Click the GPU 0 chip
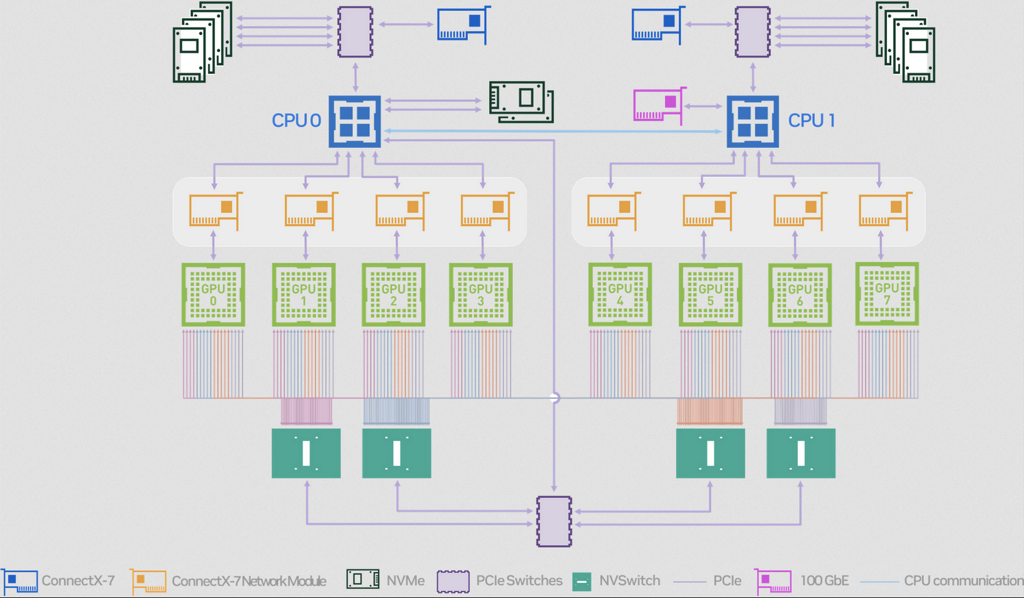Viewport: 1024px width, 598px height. tap(213, 295)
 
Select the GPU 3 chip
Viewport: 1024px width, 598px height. tap(481, 295)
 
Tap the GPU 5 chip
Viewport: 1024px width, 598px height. tap(710, 295)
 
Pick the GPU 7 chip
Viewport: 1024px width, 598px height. tap(887, 294)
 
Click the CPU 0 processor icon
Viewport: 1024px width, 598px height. tap(355, 121)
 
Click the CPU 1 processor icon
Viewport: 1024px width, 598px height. tap(753, 121)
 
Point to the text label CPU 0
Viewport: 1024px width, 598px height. tap(296, 121)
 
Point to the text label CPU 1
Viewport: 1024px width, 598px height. tap(812, 121)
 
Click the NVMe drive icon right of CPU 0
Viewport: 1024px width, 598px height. tap(521, 102)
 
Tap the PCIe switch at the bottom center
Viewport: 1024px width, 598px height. tap(554, 521)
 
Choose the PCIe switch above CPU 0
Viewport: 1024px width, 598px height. tap(355, 32)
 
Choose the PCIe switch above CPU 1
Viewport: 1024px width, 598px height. tap(753, 32)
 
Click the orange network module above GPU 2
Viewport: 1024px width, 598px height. tap(401, 210)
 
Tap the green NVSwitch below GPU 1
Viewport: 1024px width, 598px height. tap(306, 453)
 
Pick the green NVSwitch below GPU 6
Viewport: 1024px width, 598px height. tap(801, 453)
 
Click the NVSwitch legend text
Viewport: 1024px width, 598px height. tap(629, 581)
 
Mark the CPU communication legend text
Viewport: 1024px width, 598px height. tap(963, 581)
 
